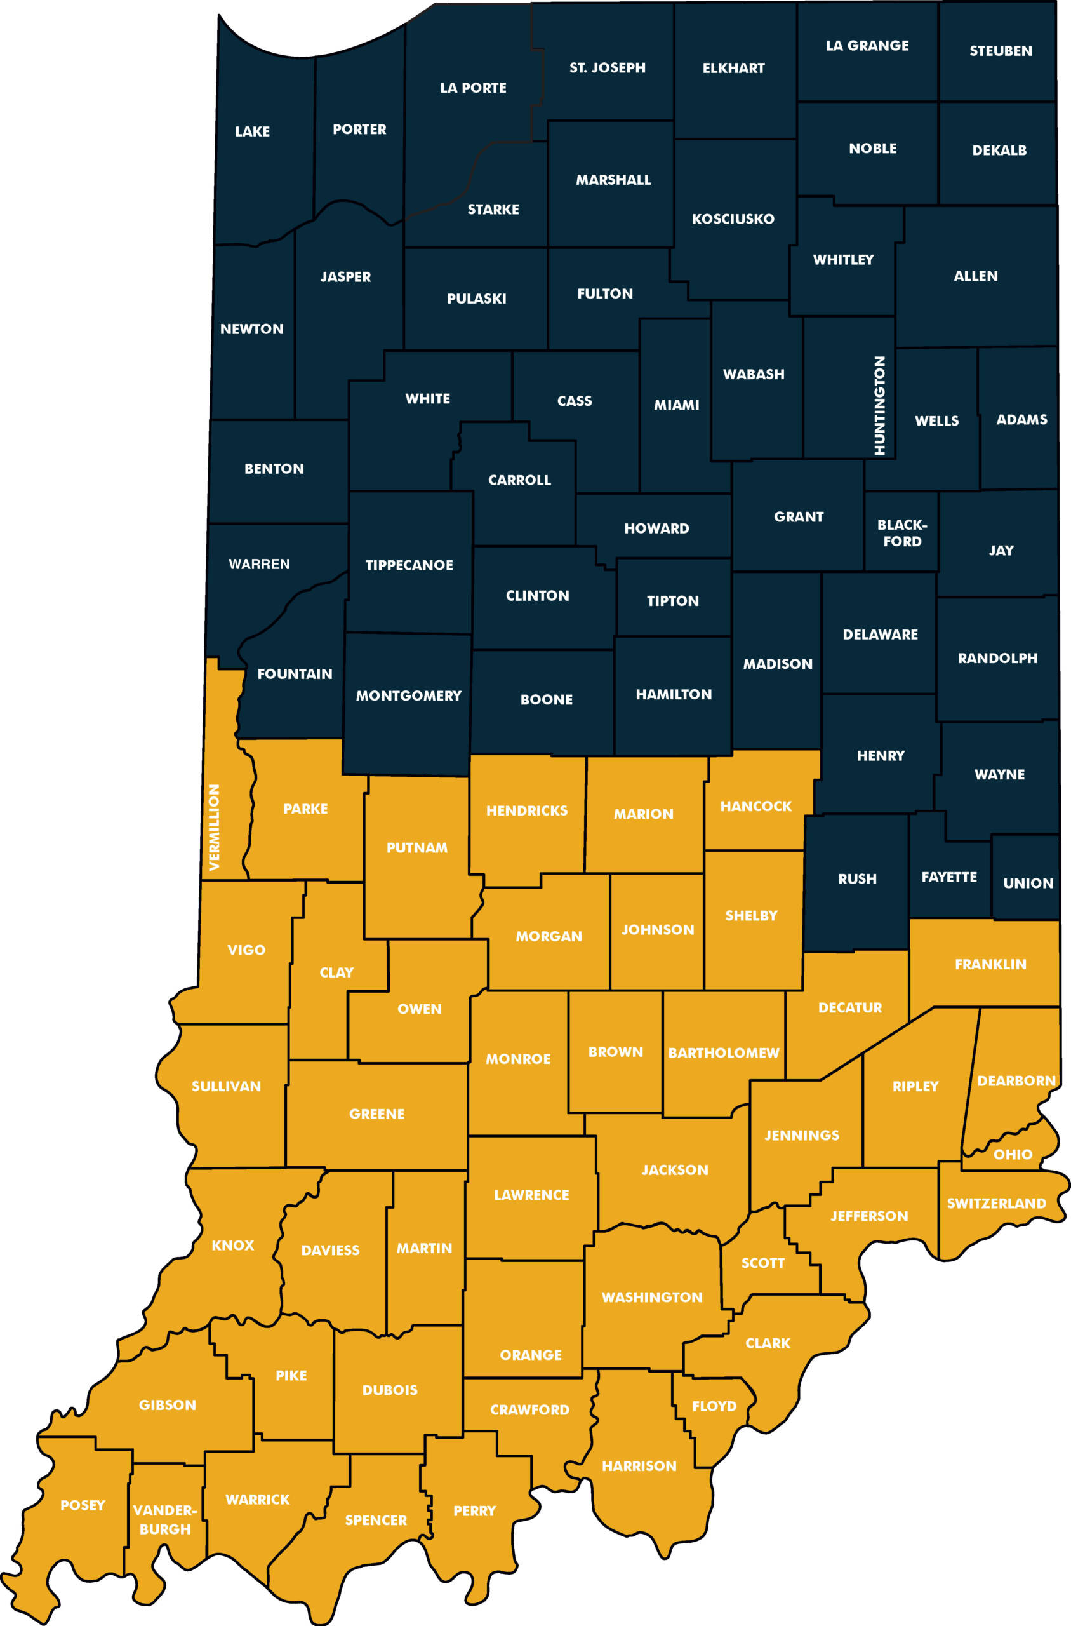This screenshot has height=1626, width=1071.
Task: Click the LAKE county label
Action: tap(252, 131)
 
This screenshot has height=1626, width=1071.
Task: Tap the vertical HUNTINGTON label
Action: tap(880, 405)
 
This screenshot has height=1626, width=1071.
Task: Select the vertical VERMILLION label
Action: tap(215, 828)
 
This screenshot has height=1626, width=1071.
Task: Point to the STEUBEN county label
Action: tap(1001, 51)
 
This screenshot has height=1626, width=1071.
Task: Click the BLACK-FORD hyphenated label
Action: tap(901, 533)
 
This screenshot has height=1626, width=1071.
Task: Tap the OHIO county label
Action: tap(1012, 1154)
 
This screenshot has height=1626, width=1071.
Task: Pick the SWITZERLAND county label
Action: tap(997, 1203)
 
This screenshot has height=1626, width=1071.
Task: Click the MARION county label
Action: tap(643, 814)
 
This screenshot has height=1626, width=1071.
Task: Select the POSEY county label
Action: tap(83, 1505)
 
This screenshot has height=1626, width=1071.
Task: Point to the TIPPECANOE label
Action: tap(409, 565)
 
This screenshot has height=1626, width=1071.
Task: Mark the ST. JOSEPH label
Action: tap(607, 67)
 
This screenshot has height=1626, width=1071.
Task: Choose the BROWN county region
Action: tap(615, 1052)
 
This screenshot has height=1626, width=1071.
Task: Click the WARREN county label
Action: tap(259, 563)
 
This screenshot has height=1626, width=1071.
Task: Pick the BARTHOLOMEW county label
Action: tap(723, 1053)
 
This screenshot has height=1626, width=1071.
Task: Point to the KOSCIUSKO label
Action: tap(733, 218)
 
